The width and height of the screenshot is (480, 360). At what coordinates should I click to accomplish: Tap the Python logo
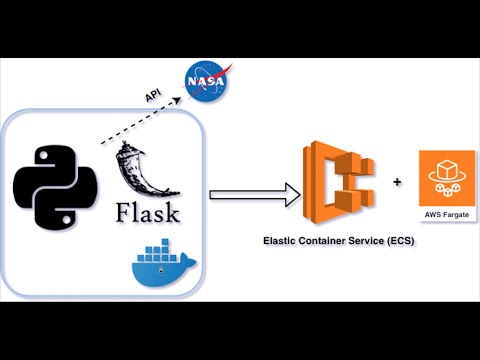pyautogui.click(x=54, y=186)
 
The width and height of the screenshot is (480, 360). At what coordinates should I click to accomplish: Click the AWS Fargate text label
pyautogui.click(x=447, y=217)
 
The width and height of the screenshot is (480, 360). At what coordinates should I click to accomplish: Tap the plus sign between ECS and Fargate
pyautogui.click(x=397, y=183)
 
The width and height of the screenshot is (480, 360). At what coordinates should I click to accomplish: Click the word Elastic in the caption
pyautogui.click(x=280, y=241)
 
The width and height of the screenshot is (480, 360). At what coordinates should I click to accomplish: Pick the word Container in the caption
pyautogui.click(x=325, y=241)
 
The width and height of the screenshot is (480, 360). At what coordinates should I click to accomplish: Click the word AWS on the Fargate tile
pyautogui.click(x=434, y=217)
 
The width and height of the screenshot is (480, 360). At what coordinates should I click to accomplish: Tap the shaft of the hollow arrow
pyautogui.click(x=245, y=194)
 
